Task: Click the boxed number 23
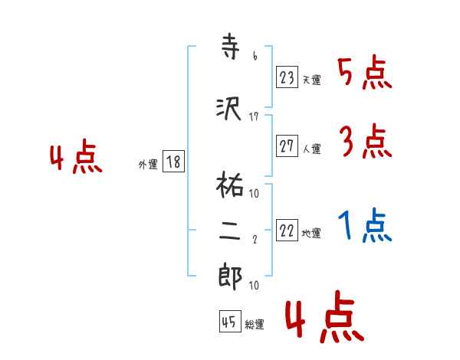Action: tap(287, 77)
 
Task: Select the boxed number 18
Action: tap(173, 162)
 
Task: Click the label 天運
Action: tap(311, 80)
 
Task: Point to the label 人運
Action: tap(311, 149)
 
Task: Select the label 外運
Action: tap(147, 165)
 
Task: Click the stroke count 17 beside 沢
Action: tap(254, 116)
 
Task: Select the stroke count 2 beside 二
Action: tap(254, 240)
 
